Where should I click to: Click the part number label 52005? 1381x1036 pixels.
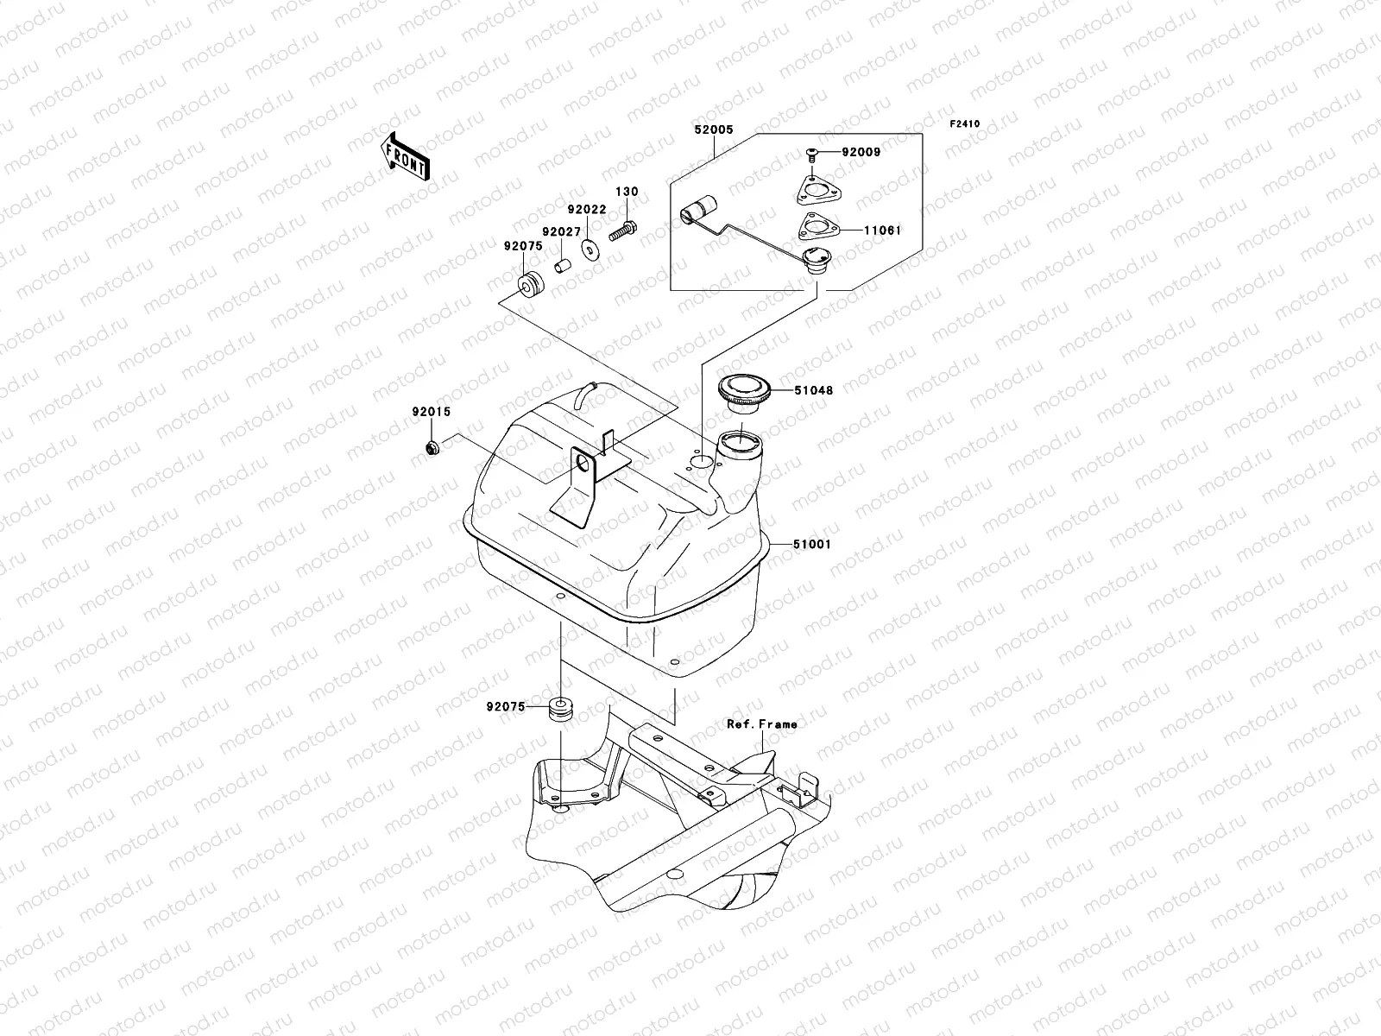(713, 129)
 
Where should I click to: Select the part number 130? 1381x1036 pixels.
(627, 192)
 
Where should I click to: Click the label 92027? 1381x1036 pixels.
(561, 232)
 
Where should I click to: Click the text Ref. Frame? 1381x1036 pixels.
(761, 723)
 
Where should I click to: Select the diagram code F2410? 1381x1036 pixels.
(965, 124)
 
